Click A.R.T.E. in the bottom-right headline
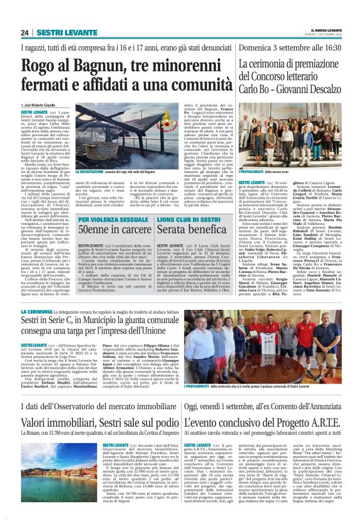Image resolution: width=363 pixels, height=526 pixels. point(323,400)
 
